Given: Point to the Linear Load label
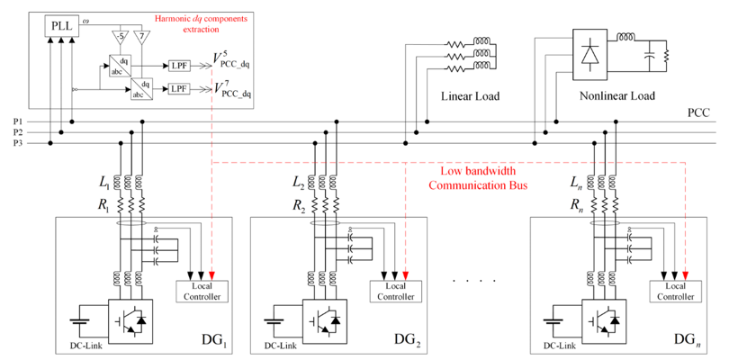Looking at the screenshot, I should pyautogui.click(x=470, y=95).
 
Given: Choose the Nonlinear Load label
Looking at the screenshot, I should pyautogui.click(x=614, y=95).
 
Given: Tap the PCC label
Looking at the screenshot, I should pyautogui.click(x=699, y=112).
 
